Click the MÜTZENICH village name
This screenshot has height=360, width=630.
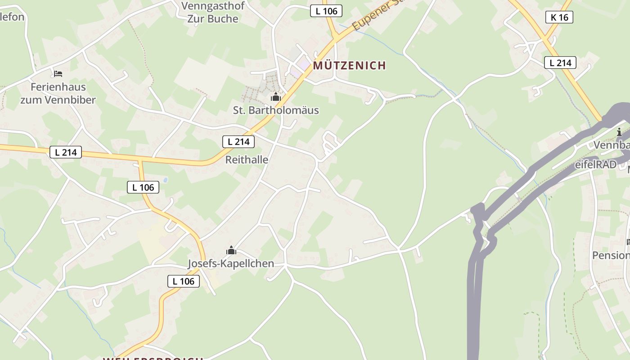click(x=349, y=66)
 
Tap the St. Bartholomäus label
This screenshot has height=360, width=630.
click(x=276, y=110)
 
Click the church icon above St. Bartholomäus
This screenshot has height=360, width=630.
click(x=275, y=97)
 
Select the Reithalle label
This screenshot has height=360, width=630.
click(x=247, y=160)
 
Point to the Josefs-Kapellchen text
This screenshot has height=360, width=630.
click(x=231, y=264)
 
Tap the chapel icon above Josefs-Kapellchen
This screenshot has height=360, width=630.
click(x=231, y=251)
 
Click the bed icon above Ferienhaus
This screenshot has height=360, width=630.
click(x=58, y=74)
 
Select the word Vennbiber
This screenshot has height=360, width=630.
click(x=70, y=100)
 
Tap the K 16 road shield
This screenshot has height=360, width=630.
click(x=559, y=18)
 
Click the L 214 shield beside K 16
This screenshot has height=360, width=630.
click(x=560, y=63)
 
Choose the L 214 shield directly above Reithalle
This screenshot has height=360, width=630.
click(x=238, y=142)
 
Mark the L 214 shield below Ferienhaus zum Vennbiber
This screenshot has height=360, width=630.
click(x=66, y=153)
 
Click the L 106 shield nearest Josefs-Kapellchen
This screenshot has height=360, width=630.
click(x=184, y=282)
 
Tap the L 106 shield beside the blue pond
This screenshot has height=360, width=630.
click(x=143, y=187)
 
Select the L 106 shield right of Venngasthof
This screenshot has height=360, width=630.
click(x=326, y=11)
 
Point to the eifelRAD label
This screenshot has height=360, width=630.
click(x=595, y=165)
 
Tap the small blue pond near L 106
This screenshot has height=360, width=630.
click(x=166, y=180)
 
